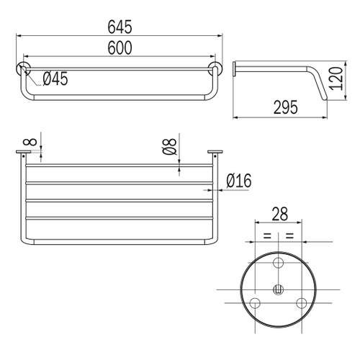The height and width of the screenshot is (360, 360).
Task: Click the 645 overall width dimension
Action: [x=120, y=27]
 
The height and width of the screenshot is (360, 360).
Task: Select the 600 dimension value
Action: [x=120, y=48]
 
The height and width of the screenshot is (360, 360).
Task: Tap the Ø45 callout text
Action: [x=55, y=78]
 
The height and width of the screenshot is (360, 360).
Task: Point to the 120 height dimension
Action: [x=336, y=78]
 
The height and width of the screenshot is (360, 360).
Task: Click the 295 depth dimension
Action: [x=286, y=107]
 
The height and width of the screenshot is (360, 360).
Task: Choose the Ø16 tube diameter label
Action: [x=239, y=181]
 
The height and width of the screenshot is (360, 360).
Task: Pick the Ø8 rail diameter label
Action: [x=170, y=146]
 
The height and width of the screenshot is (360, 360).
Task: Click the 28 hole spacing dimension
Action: [x=280, y=214]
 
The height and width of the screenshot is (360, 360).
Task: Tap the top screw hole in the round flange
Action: [x=279, y=263]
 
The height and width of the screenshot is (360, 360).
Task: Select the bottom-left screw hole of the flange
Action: [x=255, y=303]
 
